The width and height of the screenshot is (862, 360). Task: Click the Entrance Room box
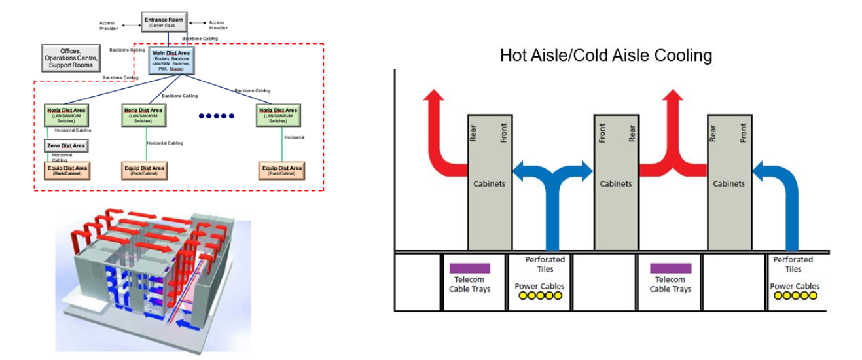[164, 22]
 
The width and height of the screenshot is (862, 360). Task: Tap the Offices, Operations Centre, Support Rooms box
[71, 58]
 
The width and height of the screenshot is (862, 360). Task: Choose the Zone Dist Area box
[65, 145]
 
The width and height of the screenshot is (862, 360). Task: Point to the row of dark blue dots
[217, 117]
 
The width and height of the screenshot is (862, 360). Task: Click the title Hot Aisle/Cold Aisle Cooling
[605, 55]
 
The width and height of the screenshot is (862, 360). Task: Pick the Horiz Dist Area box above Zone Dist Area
[65, 115]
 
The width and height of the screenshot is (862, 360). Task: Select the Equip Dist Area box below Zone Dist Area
[65, 171]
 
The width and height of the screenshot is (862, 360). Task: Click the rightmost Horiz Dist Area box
[278, 115]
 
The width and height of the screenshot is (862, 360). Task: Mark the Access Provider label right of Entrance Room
[217, 26]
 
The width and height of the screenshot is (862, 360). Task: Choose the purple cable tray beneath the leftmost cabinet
[469, 268]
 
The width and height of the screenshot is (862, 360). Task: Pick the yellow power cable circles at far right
[795, 296]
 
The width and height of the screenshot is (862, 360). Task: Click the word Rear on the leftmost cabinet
[475, 134]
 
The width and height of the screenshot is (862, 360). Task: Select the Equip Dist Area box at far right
[281, 171]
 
